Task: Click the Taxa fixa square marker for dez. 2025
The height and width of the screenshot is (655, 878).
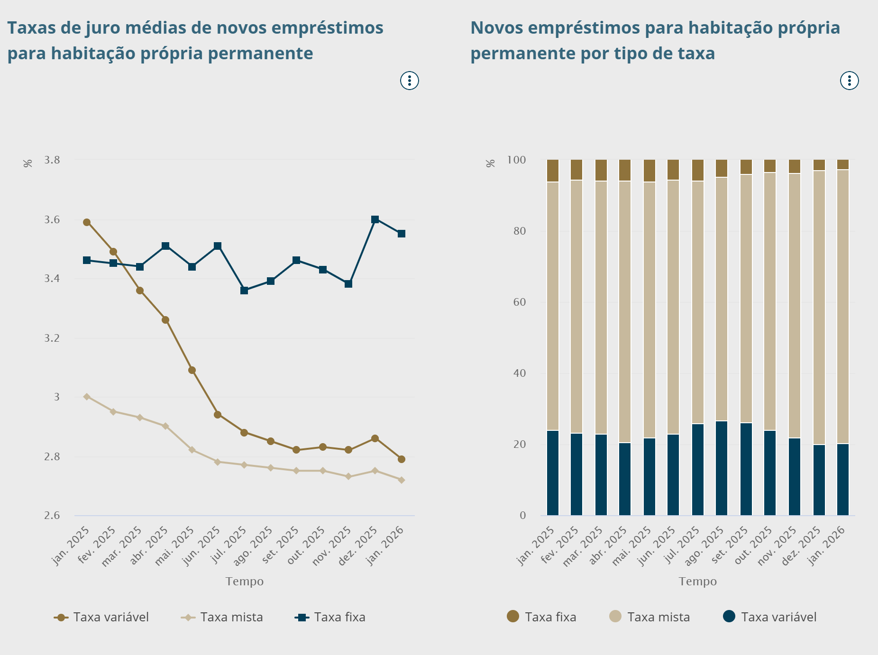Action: (x=375, y=219)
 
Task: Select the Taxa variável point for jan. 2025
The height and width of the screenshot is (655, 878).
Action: (x=87, y=222)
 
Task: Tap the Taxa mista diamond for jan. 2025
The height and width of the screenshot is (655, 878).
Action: (x=87, y=397)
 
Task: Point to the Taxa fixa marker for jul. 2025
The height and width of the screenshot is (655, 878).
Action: (x=244, y=291)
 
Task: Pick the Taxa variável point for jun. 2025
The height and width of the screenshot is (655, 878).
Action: (x=218, y=415)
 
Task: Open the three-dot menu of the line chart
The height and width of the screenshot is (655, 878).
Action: (x=410, y=81)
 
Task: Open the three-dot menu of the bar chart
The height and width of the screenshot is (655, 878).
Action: (x=849, y=81)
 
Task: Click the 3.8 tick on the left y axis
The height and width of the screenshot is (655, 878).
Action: (x=52, y=160)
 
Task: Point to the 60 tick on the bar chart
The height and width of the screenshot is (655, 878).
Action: (x=520, y=302)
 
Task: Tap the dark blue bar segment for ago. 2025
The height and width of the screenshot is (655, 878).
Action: (x=722, y=468)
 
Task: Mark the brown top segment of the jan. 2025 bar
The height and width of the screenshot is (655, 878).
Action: (x=553, y=171)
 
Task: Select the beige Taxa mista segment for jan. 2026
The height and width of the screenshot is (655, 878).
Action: (x=843, y=306)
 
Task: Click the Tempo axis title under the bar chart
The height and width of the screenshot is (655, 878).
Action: (x=697, y=582)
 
